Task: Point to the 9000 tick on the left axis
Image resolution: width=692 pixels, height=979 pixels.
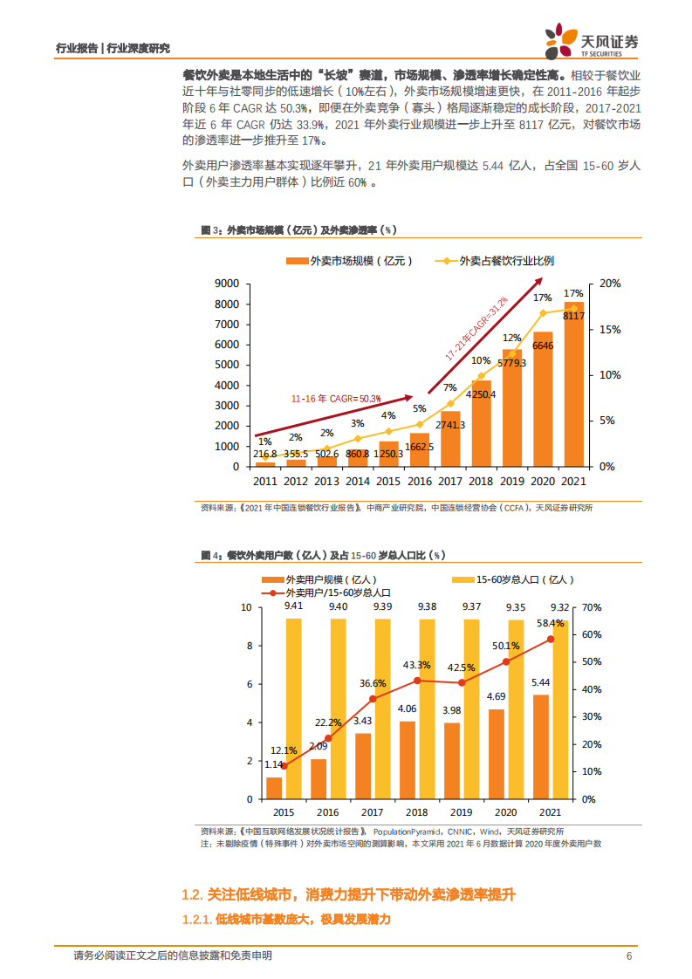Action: coord(227,284)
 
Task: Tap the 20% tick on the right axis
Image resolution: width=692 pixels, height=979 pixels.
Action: coord(610,284)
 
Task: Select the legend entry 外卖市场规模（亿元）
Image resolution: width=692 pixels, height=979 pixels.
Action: coord(348,261)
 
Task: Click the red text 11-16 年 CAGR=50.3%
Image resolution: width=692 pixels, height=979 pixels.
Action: coord(336,398)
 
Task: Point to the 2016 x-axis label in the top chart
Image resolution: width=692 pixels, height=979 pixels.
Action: coord(419,481)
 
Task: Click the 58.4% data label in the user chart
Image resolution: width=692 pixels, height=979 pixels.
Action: coord(550,624)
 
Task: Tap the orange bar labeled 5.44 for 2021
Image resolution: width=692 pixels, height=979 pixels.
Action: coord(541,746)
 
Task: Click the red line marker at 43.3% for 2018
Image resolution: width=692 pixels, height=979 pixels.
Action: coord(417,681)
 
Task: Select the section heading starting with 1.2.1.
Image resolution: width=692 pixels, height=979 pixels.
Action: coord(284,920)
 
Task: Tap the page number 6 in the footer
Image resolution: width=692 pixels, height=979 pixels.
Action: coord(629,955)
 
